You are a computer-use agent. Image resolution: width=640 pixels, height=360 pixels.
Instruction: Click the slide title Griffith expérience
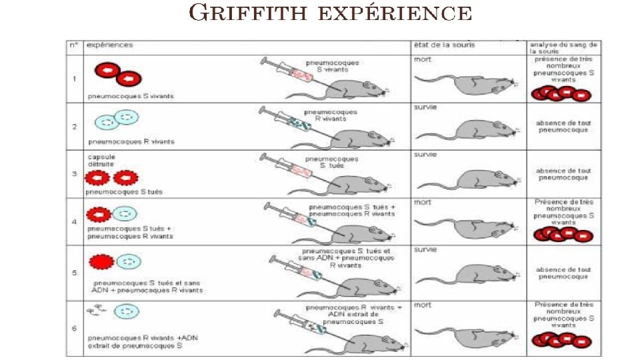(x=331, y=13)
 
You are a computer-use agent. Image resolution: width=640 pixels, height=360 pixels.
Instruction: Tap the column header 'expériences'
(x=110, y=45)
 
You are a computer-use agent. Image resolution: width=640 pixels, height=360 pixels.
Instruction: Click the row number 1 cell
(x=75, y=79)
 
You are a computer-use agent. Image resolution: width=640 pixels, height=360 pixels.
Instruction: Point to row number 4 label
(x=75, y=221)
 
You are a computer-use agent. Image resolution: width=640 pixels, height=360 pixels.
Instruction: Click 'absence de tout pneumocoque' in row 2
(x=563, y=126)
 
